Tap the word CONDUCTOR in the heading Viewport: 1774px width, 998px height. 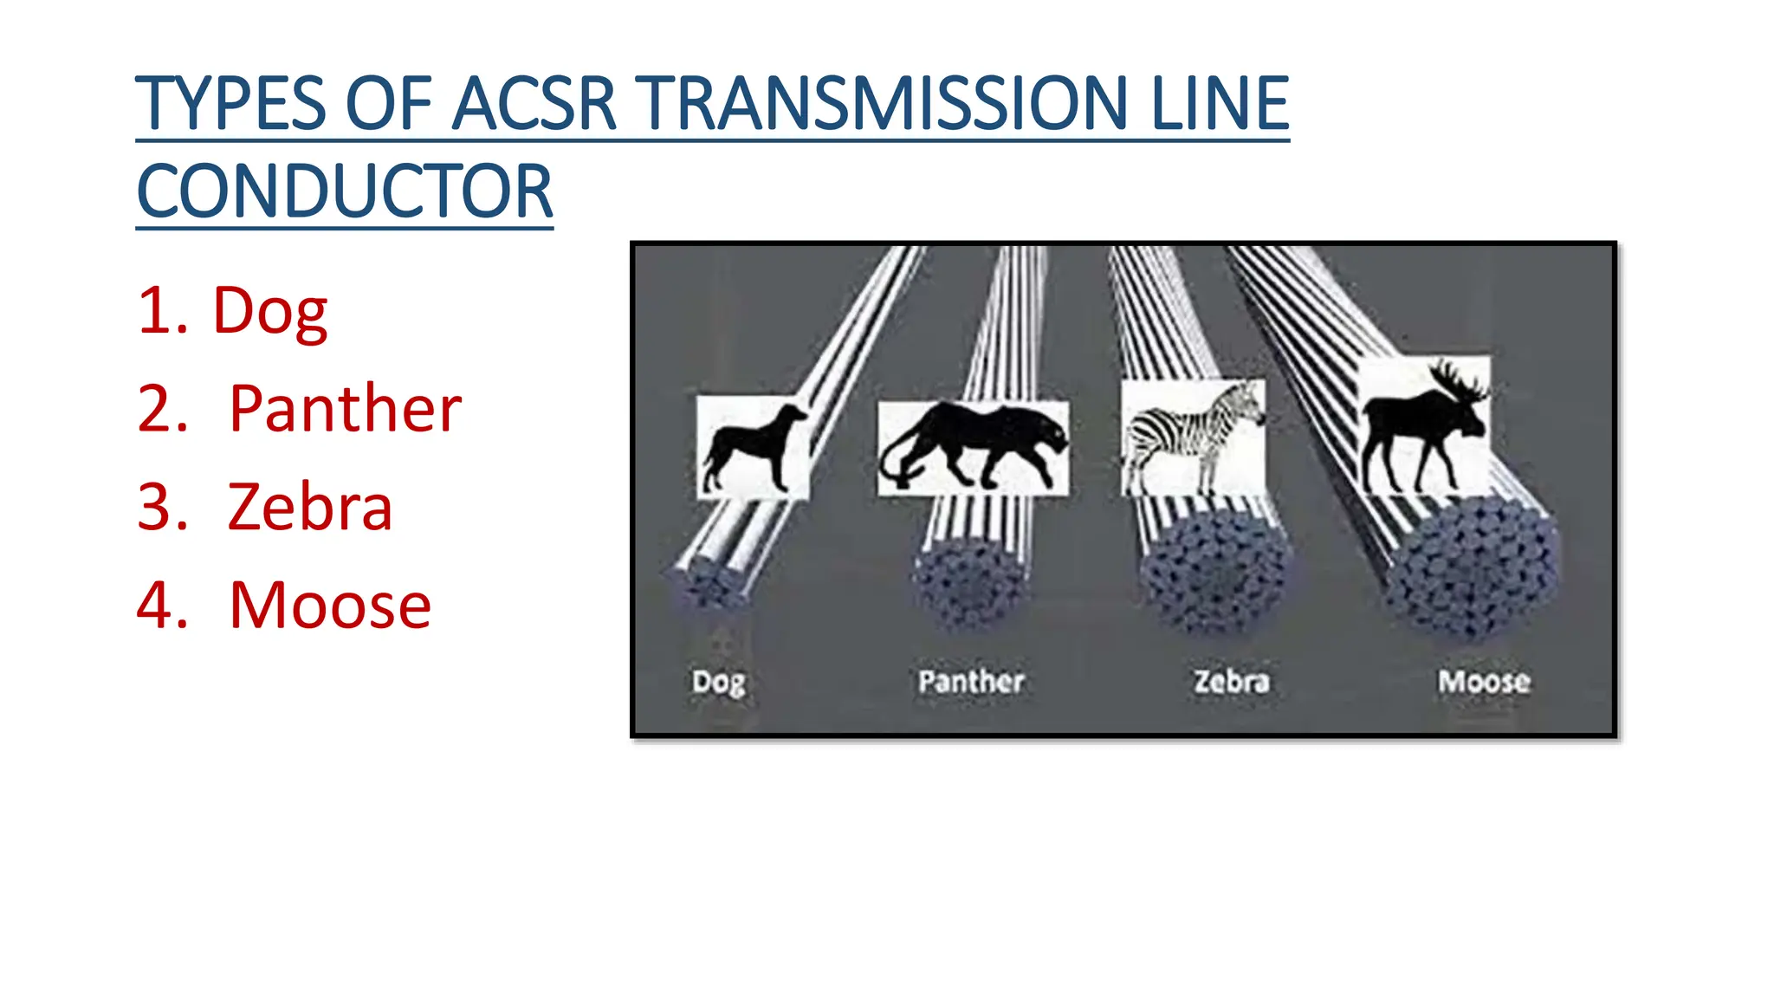(345, 191)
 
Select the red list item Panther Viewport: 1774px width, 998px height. (344, 409)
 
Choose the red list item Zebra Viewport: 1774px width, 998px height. (309, 507)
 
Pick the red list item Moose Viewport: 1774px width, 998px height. (329, 606)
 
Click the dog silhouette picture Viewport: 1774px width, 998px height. (753, 448)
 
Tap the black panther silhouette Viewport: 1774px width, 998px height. (973, 446)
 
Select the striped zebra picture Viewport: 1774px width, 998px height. (1193, 437)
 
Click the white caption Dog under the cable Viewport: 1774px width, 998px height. (718, 683)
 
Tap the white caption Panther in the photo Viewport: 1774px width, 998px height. (971, 682)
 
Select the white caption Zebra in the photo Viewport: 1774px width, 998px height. (1231, 682)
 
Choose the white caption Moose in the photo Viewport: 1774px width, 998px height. (1484, 682)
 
